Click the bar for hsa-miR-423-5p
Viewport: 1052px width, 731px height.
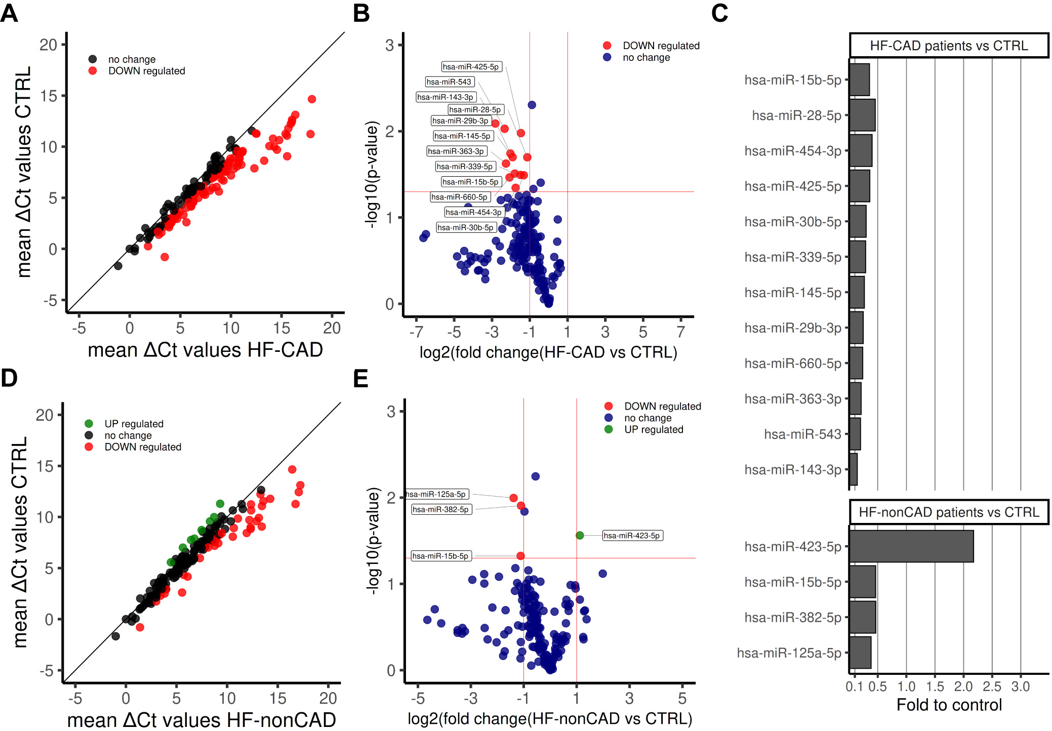[x=911, y=546]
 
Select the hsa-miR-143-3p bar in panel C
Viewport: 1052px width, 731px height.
[x=854, y=469]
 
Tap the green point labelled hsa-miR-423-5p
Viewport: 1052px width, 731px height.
[x=580, y=536]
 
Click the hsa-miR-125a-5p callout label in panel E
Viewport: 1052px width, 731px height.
[x=437, y=494]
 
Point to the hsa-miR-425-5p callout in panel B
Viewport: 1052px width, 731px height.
[x=471, y=67]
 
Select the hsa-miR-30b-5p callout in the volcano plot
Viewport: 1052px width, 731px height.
[x=465, y=228]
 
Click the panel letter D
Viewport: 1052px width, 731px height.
[x=9, y=378]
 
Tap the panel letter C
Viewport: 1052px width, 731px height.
[x=719, y=13]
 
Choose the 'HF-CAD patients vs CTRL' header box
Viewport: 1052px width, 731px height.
[x=949, y=46]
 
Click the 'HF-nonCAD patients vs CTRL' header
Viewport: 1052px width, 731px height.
[x=949, y=512]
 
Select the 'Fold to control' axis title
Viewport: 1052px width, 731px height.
[x=949, y=705]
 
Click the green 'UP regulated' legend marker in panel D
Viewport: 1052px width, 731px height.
[x=89, y=424]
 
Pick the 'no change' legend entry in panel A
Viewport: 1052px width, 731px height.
[x=132, y=59]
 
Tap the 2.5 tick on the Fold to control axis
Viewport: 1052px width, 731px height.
[x=992, y=686]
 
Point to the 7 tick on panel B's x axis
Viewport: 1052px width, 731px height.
[x=681, y=332]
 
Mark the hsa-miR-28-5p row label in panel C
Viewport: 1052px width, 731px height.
[x=796, y=115]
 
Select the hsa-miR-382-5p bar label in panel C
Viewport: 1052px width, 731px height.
[x=792, y=618]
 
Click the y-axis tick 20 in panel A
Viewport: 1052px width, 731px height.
[x=48, y=45]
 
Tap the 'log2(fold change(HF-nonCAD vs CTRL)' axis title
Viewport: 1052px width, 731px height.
[x=550, y=719]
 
